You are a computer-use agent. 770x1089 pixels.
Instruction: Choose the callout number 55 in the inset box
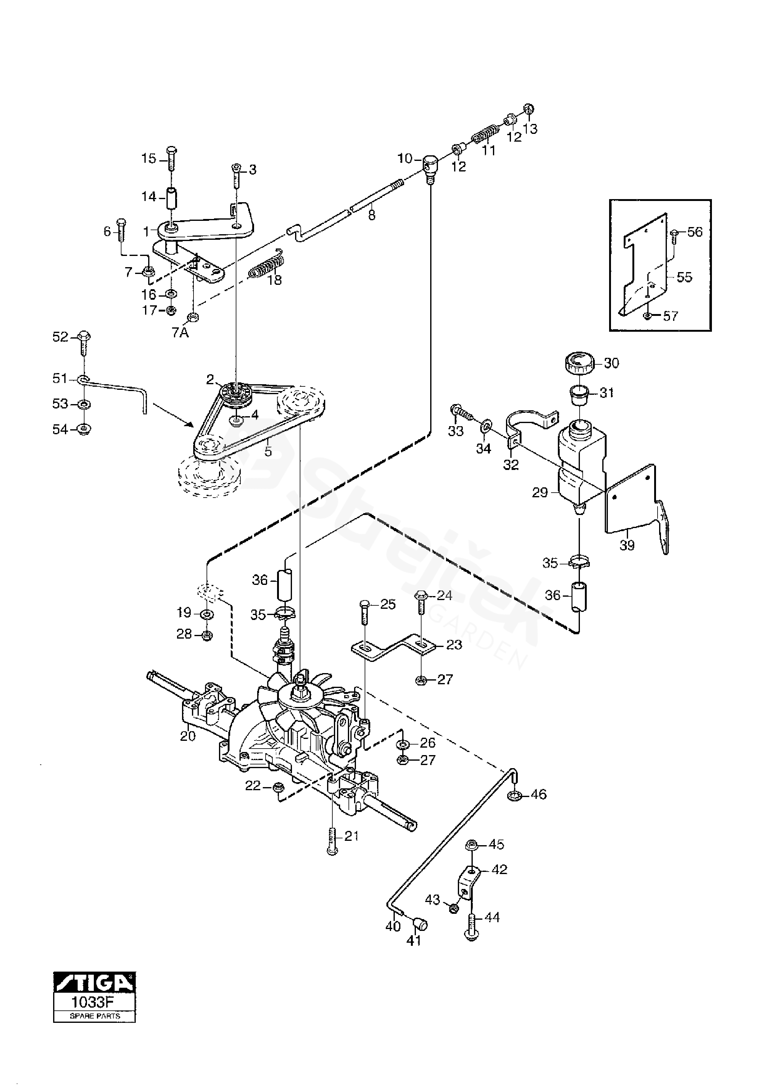(684, 277)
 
